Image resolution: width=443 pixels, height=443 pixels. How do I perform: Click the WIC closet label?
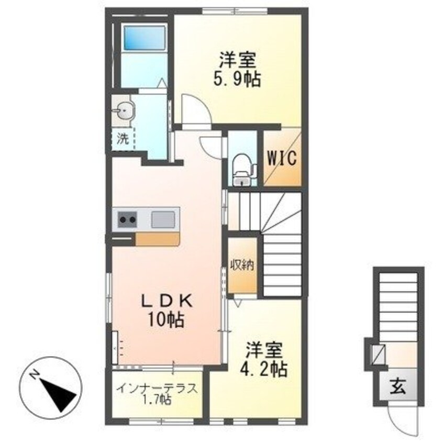coord(283,157)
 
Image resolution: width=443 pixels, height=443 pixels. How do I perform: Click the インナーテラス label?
coord(157,389)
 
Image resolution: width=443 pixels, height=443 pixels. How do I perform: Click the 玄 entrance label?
coord(396,388)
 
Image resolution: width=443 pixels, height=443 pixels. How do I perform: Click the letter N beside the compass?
coord(34,375)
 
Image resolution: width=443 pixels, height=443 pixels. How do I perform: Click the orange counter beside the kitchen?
coord(158,239)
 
